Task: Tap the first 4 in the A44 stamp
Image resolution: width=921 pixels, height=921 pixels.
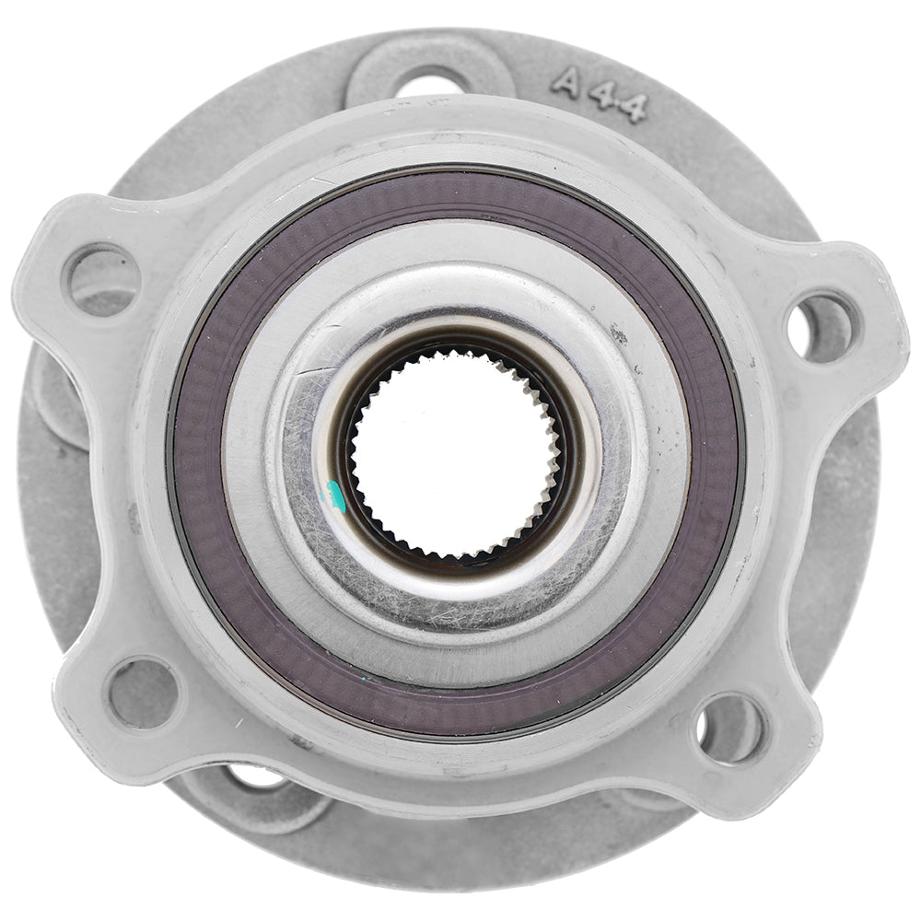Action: [x=601, y=96]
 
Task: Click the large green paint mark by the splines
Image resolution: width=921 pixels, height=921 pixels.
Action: [x=338, y=498]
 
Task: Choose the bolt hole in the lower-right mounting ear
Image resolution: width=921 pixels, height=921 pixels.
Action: [x=730, y=729]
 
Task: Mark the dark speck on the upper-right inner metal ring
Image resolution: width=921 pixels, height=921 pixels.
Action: [x=617, y=336]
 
